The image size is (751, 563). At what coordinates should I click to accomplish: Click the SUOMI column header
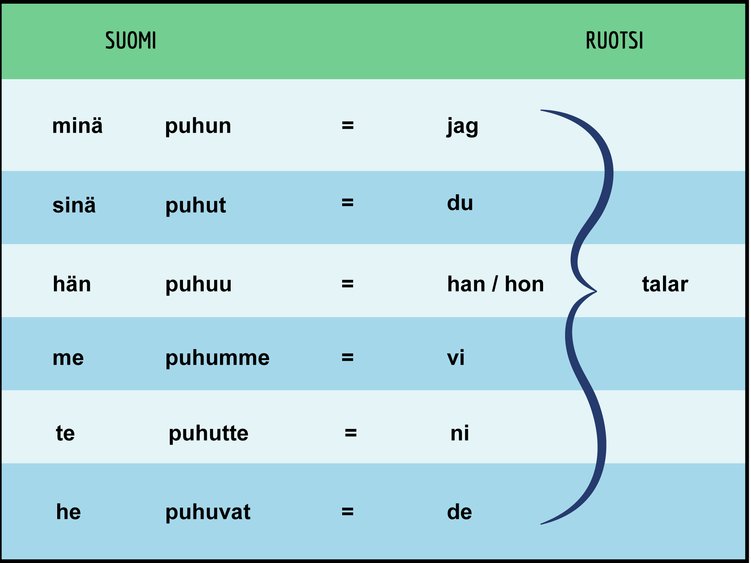click(x=131, y=40)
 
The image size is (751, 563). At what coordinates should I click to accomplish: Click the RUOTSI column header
click(x=615, y=40)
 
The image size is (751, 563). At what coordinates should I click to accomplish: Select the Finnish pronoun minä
click(x=77, y=125)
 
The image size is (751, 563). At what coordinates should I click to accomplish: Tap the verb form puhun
click(x=198, y=126)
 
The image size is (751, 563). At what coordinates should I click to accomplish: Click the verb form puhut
click(x=195, y=206)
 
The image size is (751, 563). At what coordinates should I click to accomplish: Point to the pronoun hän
click(x=72, y=284)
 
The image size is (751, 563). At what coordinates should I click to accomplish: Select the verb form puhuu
click(x=198, y=285)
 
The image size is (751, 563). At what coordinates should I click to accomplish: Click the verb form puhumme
click(x=217, y=358)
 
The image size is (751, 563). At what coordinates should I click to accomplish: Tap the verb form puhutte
click(x=208, y=434)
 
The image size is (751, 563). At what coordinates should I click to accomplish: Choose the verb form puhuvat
click(x=208, y=512)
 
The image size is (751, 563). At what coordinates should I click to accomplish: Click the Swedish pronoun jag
click(x=462, y=127)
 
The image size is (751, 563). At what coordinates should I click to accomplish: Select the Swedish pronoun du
click(x=460, y=203)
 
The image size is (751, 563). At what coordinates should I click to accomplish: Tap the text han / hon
click(x=495, y=284)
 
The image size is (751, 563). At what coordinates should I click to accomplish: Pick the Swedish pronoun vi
click(x=456, y=357)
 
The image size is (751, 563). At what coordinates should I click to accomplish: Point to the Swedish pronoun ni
click(x=459, y=433)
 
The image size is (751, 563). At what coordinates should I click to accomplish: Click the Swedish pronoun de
click(x=459, y=512)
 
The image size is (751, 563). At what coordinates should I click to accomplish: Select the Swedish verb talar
click(x=665, y=284)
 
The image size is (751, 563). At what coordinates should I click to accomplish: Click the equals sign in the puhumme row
click(x=347, y=357)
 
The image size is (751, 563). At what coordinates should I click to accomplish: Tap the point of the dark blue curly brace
click(x=596, y=291)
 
